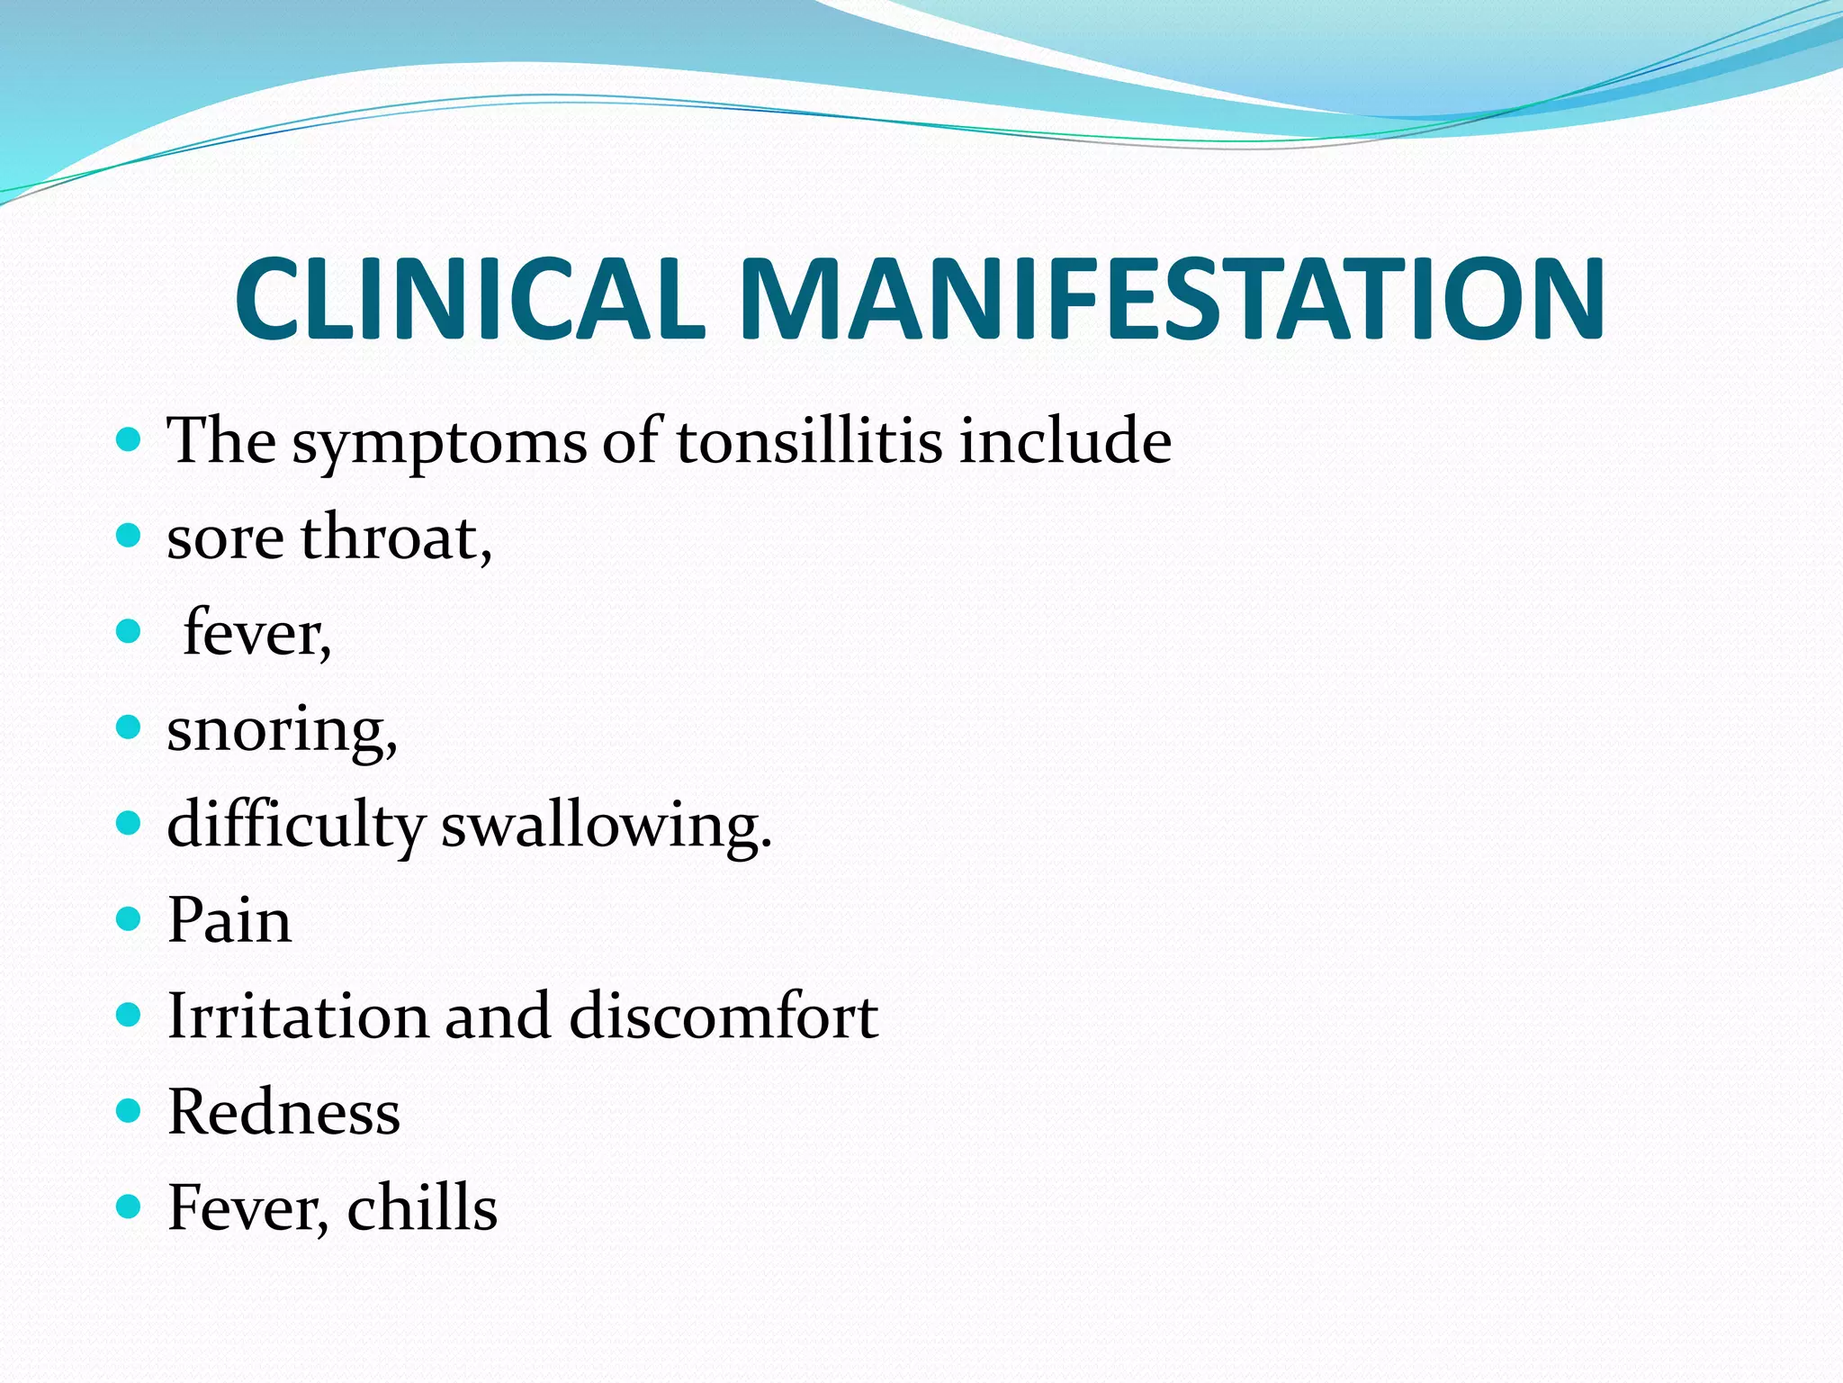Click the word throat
(x=396, y=538)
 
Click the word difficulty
(x=295, y=827)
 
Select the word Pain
(x=229, y=920)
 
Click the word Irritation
(x=297, y=1016)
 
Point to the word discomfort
(x=724, y=1016)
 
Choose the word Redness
(x=283, y=1112)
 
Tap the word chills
(x=422, y=1207)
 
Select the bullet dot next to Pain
(x=130, y=919)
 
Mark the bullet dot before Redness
(x=130, y=1111)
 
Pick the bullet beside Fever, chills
(x=130, y=1207)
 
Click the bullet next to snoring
(x=130, y=728)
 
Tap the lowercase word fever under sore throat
(x=256, y=634)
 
